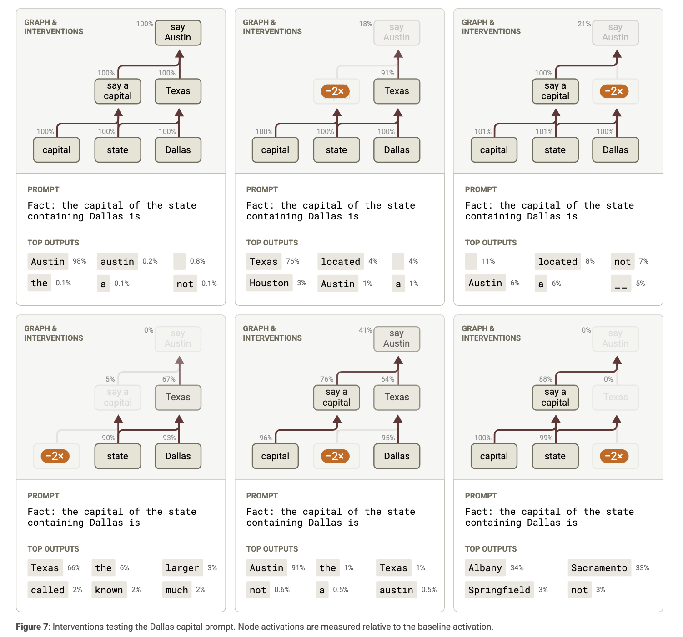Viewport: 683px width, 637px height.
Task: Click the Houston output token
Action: (269, 283)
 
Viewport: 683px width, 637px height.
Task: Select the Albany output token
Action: (485, 567)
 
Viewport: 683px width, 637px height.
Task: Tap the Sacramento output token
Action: (599, 567)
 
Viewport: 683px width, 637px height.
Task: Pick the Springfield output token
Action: (499, 590)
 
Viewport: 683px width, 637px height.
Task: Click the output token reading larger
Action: (182, 567)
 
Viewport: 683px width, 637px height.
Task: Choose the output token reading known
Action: (109, 590)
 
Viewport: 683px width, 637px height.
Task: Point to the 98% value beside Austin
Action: (80, 261)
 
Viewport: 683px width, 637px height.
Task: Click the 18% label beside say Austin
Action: (365, 24)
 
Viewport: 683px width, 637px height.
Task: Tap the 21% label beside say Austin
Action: (584, 24)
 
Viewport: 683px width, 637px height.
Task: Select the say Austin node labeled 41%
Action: (397, 338)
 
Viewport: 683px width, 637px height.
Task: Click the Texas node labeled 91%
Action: (397, 91)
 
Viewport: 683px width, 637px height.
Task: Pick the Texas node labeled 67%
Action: (178, 398)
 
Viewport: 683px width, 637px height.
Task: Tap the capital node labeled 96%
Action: (275, 456)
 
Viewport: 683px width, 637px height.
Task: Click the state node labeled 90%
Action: (118, 456)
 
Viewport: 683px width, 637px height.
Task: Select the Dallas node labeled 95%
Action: (397, 456)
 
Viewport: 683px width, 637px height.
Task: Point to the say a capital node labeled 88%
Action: (555, 398)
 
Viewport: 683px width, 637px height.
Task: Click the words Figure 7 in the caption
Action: (32, 627)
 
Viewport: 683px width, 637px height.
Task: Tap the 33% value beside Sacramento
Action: (642, 567)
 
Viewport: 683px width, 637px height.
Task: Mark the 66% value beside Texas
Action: (74, 567)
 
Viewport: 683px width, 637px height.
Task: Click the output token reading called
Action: (48, 590)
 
